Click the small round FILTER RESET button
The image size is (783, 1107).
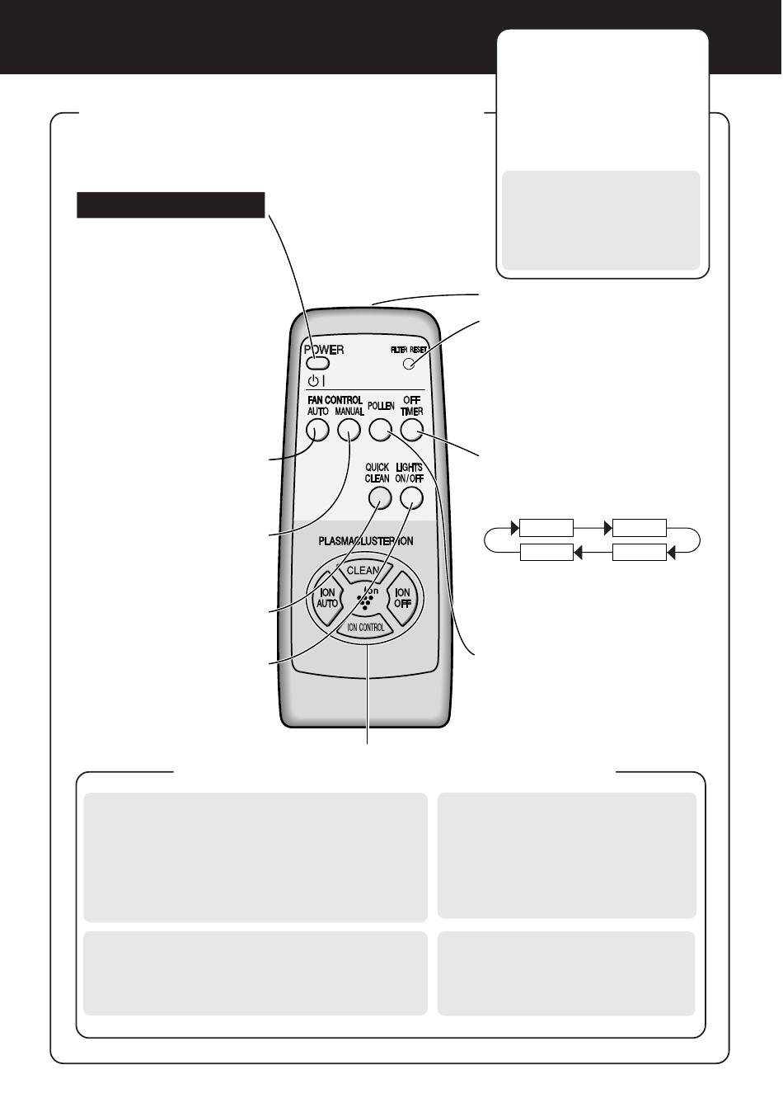pos(409,364)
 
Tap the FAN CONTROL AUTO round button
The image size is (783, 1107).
pos(317,430)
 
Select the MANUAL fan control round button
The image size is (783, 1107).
pos(349,430)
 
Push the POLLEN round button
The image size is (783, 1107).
pos(380,430)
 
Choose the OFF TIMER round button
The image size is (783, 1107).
pos(412,430)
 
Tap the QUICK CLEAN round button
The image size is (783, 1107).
pos(380,498)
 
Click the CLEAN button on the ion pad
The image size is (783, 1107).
pos(363,570)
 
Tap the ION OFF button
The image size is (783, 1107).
pos(403,598)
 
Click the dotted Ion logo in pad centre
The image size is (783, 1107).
pos(366,598)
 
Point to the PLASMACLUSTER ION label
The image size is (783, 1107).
pos(366,541)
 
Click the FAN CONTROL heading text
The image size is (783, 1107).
pos(335,400)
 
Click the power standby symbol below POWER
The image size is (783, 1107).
pos(316,380)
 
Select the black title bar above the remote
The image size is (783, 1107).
pos(171,205)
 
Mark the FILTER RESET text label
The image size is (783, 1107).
pos(409,350)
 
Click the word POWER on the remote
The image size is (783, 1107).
pos(324,350)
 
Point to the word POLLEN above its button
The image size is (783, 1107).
pos(381,406)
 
